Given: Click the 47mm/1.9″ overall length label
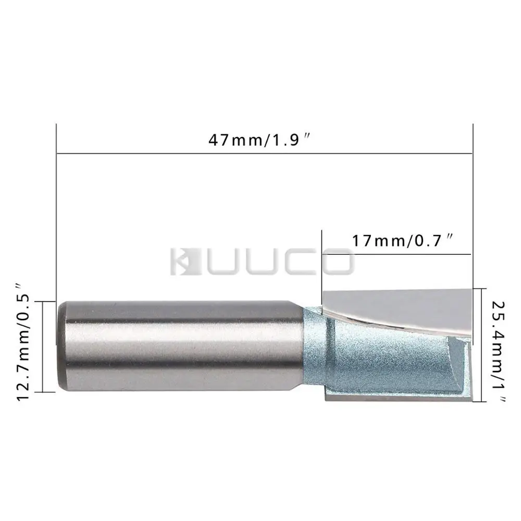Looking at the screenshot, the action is pos(260,140).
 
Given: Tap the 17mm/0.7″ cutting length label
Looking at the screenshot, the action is pos(402,241).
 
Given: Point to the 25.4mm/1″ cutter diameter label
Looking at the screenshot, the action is pos(499,352).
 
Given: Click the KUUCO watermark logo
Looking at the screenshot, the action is pos(262,262).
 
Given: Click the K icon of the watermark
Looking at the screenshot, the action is pos(185,262).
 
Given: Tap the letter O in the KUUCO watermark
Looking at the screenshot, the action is pos(336,262).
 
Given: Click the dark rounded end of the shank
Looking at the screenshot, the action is pos(62,345).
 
